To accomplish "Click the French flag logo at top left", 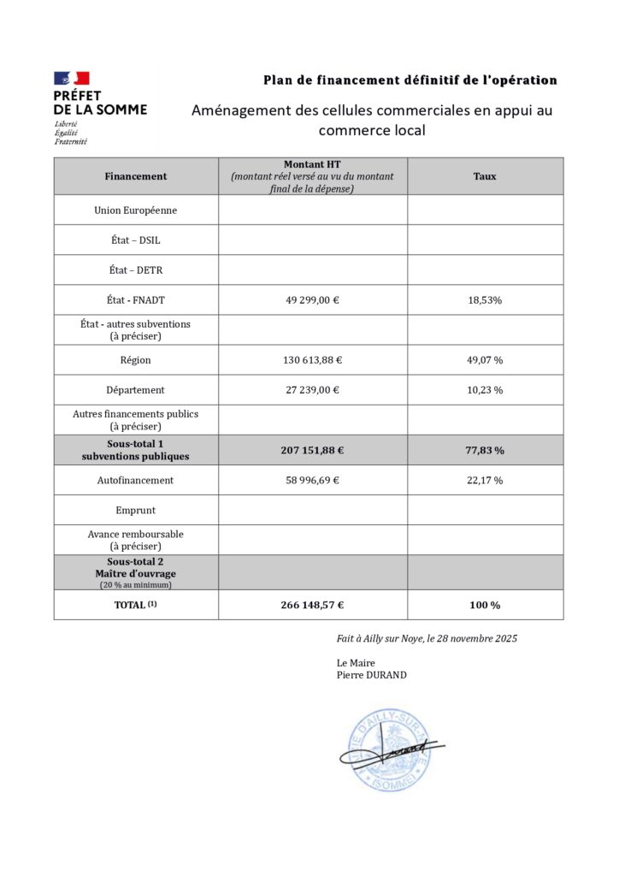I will click(71, 79).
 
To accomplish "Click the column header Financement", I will click(136, 176).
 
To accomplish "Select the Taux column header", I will click(485, 176).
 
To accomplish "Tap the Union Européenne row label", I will click(136, 210).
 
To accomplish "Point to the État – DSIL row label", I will click(136, 240).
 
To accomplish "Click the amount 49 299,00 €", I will click(312, 300).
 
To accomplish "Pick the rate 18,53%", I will click(485, 300).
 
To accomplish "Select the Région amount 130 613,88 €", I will click(312, 360).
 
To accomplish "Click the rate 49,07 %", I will click(485, 360).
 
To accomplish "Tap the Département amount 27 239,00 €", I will click(312, 390).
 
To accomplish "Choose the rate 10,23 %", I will click(485, 390).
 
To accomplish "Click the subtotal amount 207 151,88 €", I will click(312, 450).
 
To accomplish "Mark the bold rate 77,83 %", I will click(485, 450).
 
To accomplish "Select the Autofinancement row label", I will click(136, 480).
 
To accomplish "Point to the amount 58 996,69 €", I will click(312, 480).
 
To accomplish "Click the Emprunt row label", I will click(136, 510).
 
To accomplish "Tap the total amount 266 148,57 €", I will click(312, 605).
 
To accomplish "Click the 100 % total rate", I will click(485, 605).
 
